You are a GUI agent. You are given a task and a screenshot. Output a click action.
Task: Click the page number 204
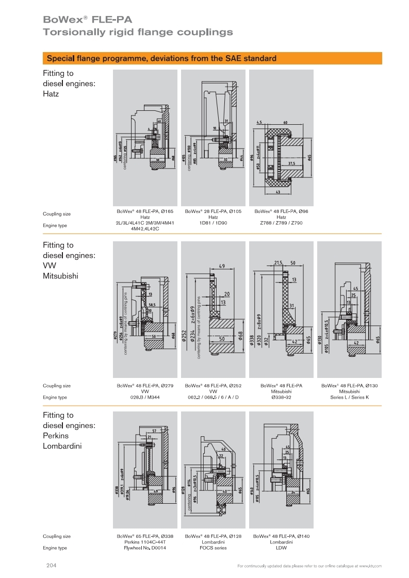(x=51, y=566)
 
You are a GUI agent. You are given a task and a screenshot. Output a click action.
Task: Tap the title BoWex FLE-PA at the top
(x=88, y=20)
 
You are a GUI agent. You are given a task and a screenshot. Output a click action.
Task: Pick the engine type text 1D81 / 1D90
(x=213, y=223)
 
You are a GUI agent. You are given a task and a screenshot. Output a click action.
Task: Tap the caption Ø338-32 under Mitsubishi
(x=281, y=397)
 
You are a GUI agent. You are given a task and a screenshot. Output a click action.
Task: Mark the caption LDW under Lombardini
(x=281, y=548)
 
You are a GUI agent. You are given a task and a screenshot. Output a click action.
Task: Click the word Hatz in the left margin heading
(x=51, y=94)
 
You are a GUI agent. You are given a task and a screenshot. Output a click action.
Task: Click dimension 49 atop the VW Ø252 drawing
(x=221, y=267)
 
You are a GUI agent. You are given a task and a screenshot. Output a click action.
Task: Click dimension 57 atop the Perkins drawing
(x=154, y=431)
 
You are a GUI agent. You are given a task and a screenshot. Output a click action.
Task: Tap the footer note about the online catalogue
(x=309, y=566)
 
